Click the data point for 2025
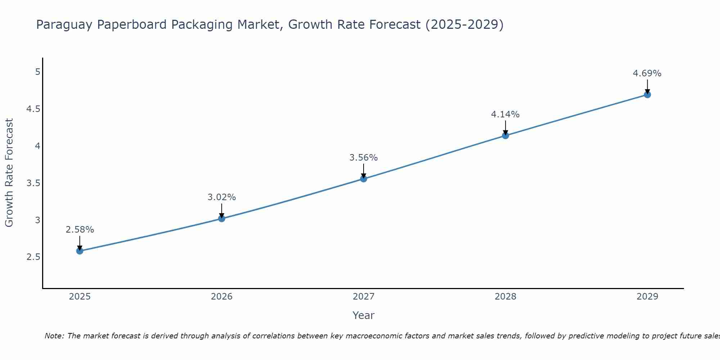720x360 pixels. tap(80, 251)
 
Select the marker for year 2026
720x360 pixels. tap(222, 219)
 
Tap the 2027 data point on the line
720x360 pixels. tap(364, 179)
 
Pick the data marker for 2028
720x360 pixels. tap(505, 136)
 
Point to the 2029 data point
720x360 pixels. tap(647, 95)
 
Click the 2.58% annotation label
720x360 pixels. tap(80, 230)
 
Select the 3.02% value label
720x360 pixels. tap(222, 197)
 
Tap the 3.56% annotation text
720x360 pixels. tap(364, 158)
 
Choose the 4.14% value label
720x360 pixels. tap(505, 114)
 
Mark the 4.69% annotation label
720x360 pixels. tap(647, 73)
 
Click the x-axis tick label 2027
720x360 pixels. tap(364, 297)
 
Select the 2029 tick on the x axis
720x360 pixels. tap(647, 297)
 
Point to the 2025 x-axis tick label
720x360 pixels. tap(80, 297)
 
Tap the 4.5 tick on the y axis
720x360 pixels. tap(33, 109)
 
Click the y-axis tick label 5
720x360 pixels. tap(37, 72)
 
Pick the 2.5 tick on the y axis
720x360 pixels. tap(33, 257)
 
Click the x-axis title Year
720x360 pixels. tap(364, 315)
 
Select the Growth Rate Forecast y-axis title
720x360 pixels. tap(9, 173)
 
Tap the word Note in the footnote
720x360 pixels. tap(54, 336)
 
